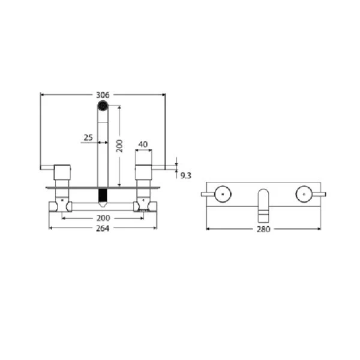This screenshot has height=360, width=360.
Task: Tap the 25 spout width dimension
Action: [x=88, y=137]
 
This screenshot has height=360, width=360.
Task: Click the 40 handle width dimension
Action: [x=143, y=144]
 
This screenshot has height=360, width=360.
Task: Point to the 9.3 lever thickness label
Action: [x=185, y=175]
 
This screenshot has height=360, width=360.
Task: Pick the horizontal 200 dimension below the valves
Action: [x=103, y=218]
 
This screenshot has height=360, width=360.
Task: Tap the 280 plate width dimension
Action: [x=263, y=229]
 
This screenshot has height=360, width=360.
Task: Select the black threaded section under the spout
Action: [x=103, y=196]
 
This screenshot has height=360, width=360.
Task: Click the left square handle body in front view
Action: [x=62, y=172]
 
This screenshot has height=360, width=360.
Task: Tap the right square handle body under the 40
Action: [x=143, y=172]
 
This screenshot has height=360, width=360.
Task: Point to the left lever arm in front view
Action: [x=47, y=167]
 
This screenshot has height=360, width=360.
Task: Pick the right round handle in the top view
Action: [x=303, y=193]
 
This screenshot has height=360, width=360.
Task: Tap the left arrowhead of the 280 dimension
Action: [x=208, y=229]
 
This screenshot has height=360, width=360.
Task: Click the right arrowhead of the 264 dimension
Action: [x=155, y=229]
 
